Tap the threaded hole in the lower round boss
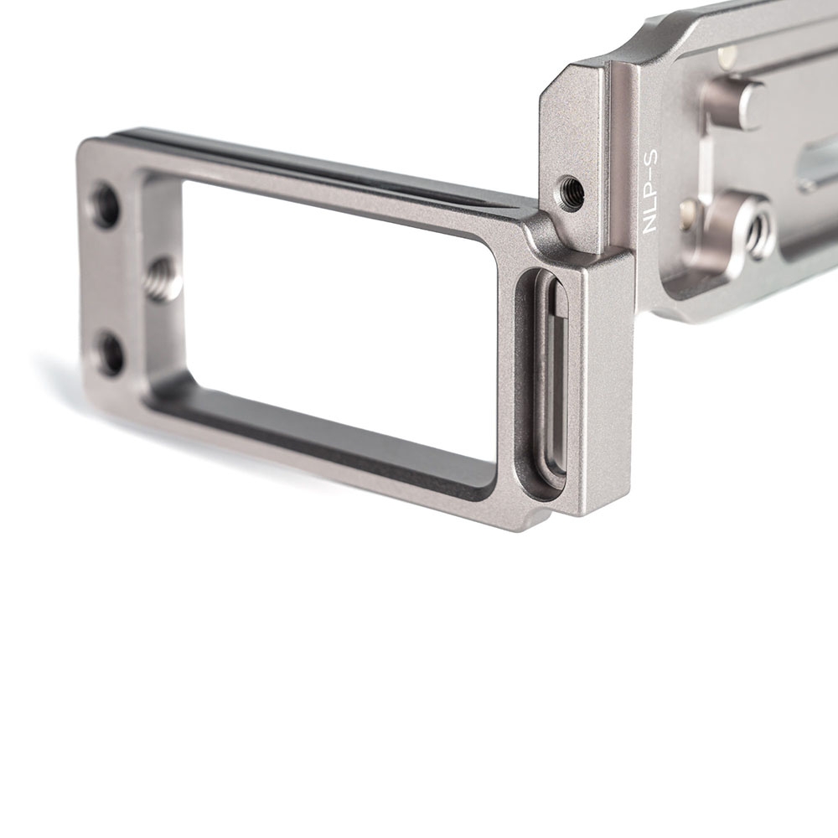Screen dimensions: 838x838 point(760,225)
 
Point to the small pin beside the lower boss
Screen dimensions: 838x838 point(688,209)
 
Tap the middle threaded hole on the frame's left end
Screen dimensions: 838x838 point(159,280)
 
